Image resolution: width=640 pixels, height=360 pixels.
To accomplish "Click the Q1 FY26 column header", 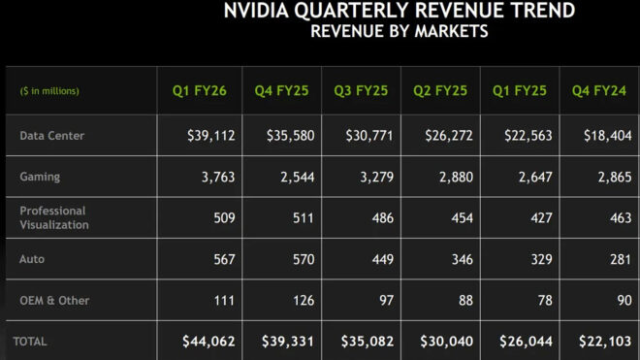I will coord(200,91).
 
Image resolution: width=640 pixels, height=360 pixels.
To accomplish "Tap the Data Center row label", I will coord(51,136).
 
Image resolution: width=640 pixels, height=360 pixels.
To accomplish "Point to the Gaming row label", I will coord(40,177).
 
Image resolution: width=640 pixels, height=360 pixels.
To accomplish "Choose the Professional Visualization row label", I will coord(53,217).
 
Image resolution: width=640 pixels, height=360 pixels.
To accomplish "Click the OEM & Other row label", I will coord(54,300).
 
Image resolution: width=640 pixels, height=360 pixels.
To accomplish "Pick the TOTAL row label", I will coord(29,342).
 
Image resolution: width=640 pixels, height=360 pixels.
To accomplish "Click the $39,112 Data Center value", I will coord(211,136).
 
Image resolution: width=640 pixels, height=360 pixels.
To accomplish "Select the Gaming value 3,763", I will coord(217,177).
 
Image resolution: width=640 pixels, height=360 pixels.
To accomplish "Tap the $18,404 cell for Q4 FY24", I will coord(609,136).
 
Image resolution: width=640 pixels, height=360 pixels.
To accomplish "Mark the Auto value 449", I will coord(381,259).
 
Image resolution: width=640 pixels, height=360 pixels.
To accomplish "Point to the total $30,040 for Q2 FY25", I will coord(447,342).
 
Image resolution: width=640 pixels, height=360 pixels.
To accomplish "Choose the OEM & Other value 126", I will coord(302,300).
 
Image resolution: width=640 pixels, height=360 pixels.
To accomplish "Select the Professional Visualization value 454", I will coord(461,217).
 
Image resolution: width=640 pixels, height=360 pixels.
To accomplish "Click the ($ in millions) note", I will coord(49,91).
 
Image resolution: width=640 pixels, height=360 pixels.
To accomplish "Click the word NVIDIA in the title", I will coord(258,12).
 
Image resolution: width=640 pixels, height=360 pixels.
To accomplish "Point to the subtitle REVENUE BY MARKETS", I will coord(399,31).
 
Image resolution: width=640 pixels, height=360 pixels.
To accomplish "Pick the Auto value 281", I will coord(620,259).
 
